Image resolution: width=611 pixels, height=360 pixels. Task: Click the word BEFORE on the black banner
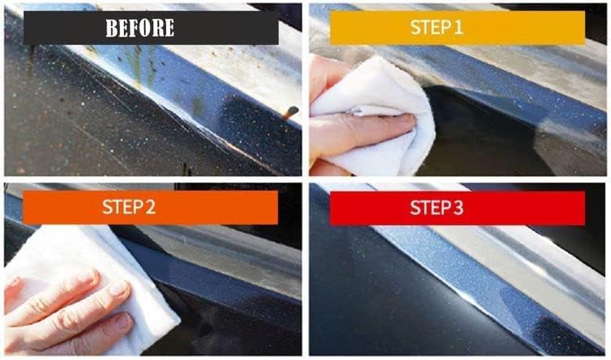[x=139, y=28]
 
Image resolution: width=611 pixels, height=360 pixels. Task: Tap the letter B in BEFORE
[x=112, y=28]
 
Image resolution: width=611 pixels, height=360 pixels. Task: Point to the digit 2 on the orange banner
[x=151, y=207]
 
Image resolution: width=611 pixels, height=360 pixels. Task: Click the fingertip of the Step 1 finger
[x=404, y=124]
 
